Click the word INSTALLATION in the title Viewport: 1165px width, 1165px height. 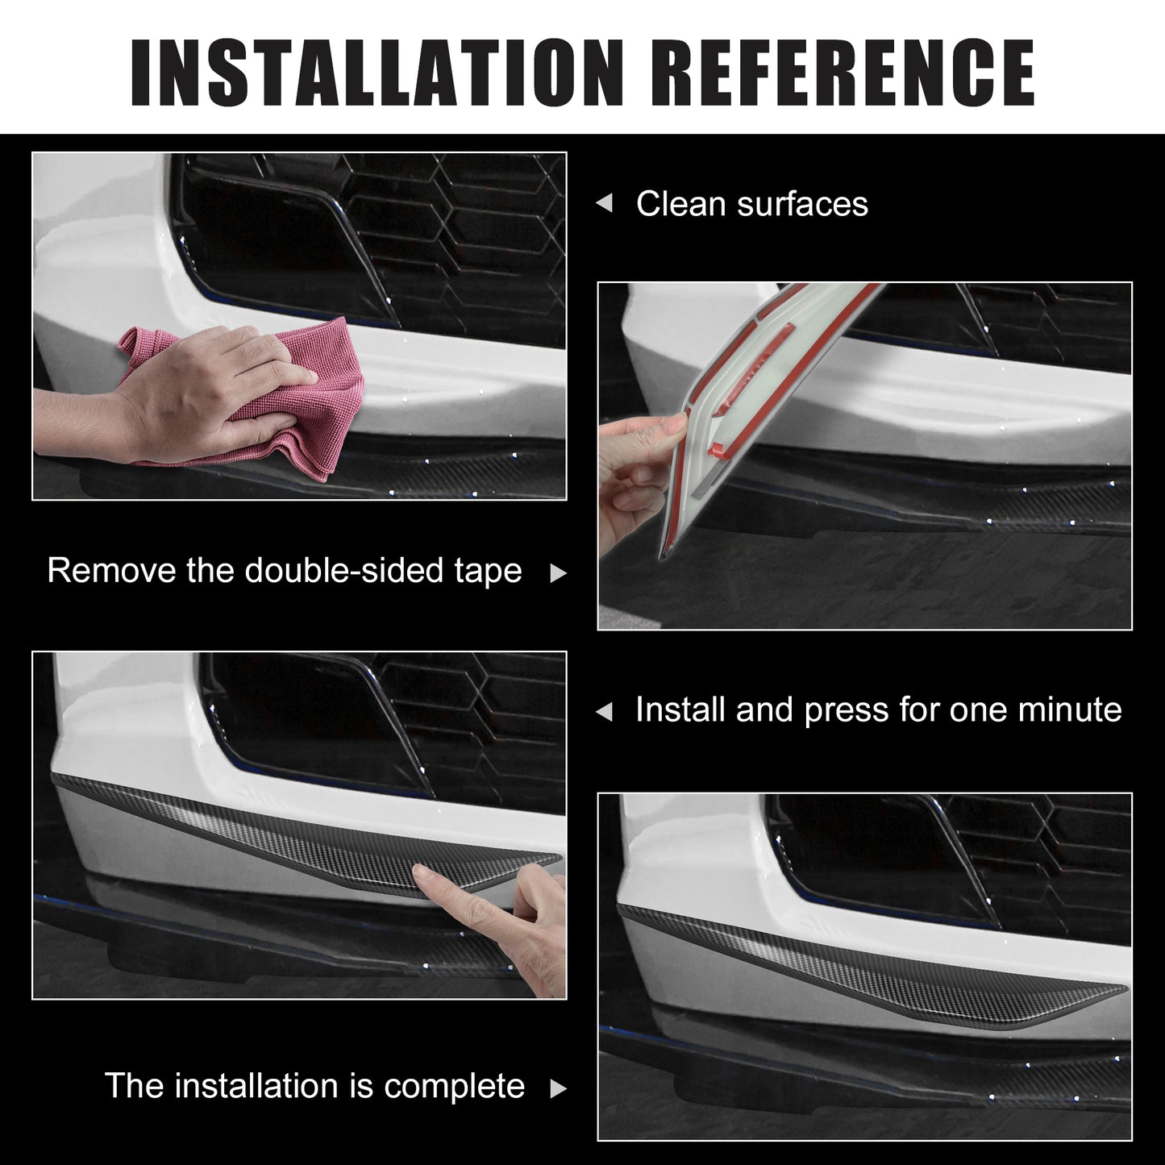[377, 72]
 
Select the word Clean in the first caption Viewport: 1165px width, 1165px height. [680, 204]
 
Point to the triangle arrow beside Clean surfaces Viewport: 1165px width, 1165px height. [604, 203]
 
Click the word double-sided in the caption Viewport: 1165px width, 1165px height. [344, 570]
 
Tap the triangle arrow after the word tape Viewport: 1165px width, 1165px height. [558, 573]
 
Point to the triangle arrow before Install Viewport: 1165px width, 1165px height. [604, 712]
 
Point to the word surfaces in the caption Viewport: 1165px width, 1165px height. [802, 204]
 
